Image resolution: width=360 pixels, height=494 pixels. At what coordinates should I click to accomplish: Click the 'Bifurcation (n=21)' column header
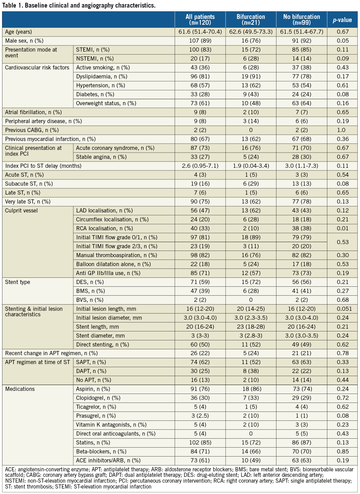[x=251, y=20]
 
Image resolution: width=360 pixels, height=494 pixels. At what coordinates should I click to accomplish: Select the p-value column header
[x=342, y=20]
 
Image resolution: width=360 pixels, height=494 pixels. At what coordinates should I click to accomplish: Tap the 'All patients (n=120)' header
[x=200, y=20]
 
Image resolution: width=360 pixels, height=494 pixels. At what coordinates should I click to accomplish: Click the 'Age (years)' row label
[x=19, y=32]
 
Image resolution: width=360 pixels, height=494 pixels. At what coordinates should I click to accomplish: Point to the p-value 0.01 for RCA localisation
[x=342, y=228]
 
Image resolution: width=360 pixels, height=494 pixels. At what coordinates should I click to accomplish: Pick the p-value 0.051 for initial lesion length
[x=342, y=309]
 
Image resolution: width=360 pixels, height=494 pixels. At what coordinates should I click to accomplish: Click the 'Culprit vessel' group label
[x=21, y=211]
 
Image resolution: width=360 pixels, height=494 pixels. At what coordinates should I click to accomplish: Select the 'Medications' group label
[x=20, y=389]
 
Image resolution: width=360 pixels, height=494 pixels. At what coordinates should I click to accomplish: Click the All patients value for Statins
[x=200, y=442]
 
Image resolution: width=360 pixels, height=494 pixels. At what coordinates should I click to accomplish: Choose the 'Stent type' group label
[x=18, y=282]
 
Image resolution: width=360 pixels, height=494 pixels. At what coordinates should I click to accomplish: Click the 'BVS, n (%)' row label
[x=90, y=300]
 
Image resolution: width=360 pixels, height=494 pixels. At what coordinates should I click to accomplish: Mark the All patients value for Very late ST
[x=200, y=201]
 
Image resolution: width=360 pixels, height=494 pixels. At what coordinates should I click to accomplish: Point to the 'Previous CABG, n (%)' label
[x=32, y=130]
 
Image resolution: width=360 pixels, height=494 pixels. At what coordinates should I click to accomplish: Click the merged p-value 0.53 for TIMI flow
[x=342, y=242]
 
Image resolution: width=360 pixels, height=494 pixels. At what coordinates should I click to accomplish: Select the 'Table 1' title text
[x=79, y=5]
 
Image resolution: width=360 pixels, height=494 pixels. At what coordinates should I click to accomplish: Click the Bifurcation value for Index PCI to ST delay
[x=251, y=166]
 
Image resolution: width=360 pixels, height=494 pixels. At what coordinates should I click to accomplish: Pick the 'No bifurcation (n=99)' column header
[x=302, y=20]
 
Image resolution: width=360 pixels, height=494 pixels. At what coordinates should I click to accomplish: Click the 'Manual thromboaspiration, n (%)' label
[x=117, y=255]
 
